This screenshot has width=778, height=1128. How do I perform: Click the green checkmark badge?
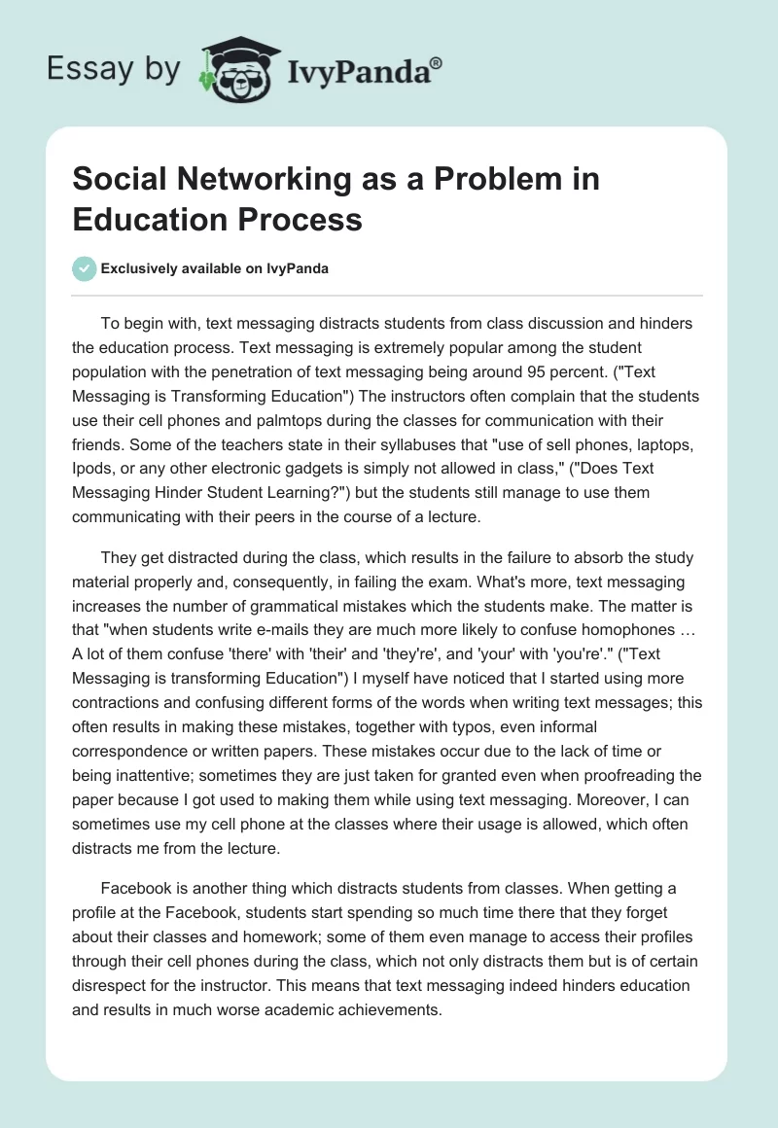point(84,268)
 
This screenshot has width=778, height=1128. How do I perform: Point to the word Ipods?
point(93,469)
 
